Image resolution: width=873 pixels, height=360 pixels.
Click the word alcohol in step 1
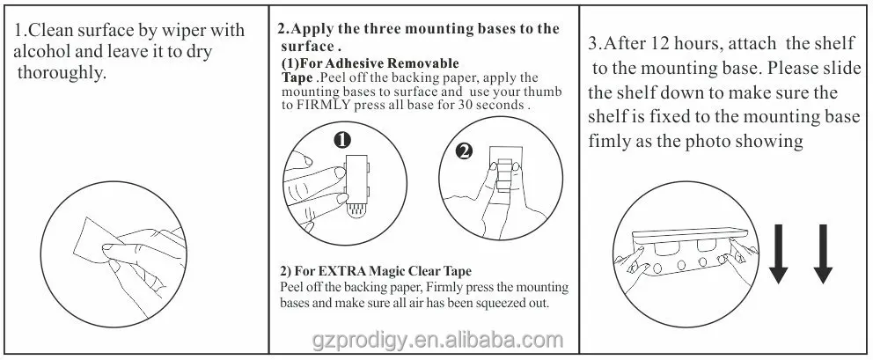point(42,52)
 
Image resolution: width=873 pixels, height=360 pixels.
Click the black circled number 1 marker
point(344,139)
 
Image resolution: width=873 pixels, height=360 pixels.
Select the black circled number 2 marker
point(463,151)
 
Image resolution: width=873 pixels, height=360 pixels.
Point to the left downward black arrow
point(779,253)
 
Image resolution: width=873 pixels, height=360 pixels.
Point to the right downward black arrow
point(823,253)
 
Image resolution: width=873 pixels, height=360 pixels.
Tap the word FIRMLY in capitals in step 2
point(322,104)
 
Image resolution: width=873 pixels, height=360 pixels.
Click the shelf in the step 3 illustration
point(688,234)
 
